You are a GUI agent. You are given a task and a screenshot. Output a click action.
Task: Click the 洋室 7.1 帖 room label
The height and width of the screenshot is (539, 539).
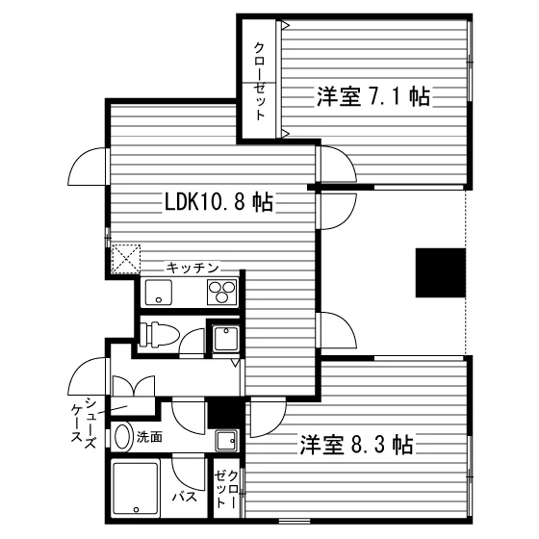(373, 97)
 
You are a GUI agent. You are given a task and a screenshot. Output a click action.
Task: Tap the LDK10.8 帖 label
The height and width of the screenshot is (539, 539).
(219, 202)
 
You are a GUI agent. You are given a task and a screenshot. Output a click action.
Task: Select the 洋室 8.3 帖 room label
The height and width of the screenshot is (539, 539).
(356, 445)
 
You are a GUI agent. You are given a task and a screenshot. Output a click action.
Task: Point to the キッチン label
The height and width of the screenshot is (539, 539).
(192, 268)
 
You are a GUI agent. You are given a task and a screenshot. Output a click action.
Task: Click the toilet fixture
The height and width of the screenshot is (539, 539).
(160, 334)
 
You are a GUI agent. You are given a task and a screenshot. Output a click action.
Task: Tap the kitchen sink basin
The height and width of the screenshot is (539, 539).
(159, 293)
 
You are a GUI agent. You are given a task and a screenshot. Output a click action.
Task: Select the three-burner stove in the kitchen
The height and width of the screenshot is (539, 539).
(222, 293)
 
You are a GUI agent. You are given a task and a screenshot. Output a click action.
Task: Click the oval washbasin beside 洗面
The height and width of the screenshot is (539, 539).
(123, 437)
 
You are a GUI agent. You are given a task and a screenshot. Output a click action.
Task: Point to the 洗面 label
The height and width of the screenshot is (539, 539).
(149, 437)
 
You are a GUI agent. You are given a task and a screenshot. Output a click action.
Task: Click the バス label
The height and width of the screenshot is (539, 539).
(185, 497)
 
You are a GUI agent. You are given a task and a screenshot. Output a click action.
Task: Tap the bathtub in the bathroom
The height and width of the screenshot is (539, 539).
(136, 488)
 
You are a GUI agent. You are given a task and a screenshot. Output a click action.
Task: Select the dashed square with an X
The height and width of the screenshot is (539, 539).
(126, 259)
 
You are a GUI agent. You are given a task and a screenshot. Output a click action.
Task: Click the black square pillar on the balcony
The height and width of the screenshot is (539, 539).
(441, 272)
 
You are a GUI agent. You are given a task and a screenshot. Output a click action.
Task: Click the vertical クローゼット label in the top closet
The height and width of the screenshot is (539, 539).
(259, 82)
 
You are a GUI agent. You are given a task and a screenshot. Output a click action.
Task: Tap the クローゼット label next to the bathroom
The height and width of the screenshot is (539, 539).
(226, 489)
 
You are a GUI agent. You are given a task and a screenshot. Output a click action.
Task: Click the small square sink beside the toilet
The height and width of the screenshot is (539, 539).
(225, 338)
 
